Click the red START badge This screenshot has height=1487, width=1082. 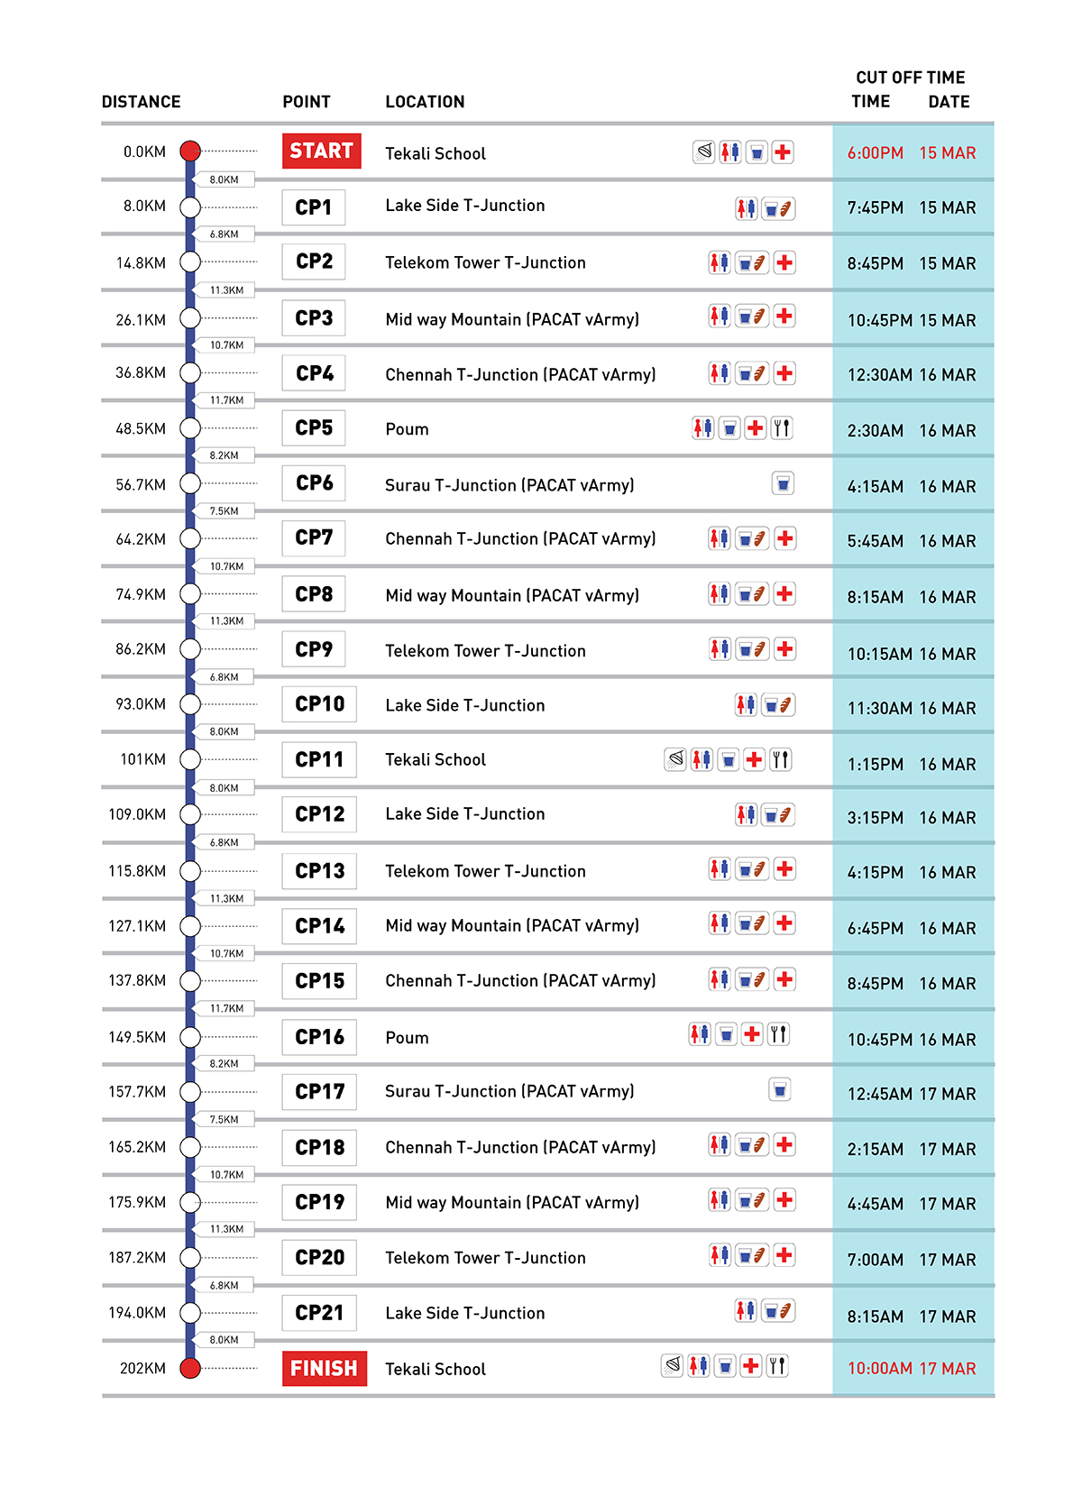321,151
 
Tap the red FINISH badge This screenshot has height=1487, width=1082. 324,1368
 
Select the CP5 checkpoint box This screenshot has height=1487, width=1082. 313,428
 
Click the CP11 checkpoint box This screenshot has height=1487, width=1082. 319,759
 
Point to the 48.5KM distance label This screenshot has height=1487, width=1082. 141,429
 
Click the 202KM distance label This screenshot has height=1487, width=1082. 142,1368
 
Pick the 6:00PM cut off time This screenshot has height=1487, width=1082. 875,153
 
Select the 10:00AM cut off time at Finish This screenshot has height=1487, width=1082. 879,1368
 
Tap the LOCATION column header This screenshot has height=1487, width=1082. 425,102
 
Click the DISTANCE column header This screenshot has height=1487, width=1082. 141,102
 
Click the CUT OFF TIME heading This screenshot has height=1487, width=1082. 910,78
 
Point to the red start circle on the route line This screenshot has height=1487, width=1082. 189,151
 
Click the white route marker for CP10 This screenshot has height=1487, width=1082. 189,704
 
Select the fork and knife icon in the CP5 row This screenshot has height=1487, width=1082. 782,428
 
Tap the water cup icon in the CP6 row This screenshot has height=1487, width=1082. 783,484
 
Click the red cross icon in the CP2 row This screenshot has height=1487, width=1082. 784,262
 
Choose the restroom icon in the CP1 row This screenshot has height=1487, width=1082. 746,208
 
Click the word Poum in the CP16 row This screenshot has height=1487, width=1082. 407,1038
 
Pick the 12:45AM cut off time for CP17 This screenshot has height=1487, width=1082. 879,1094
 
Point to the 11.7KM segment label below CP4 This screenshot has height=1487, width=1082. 226,400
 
